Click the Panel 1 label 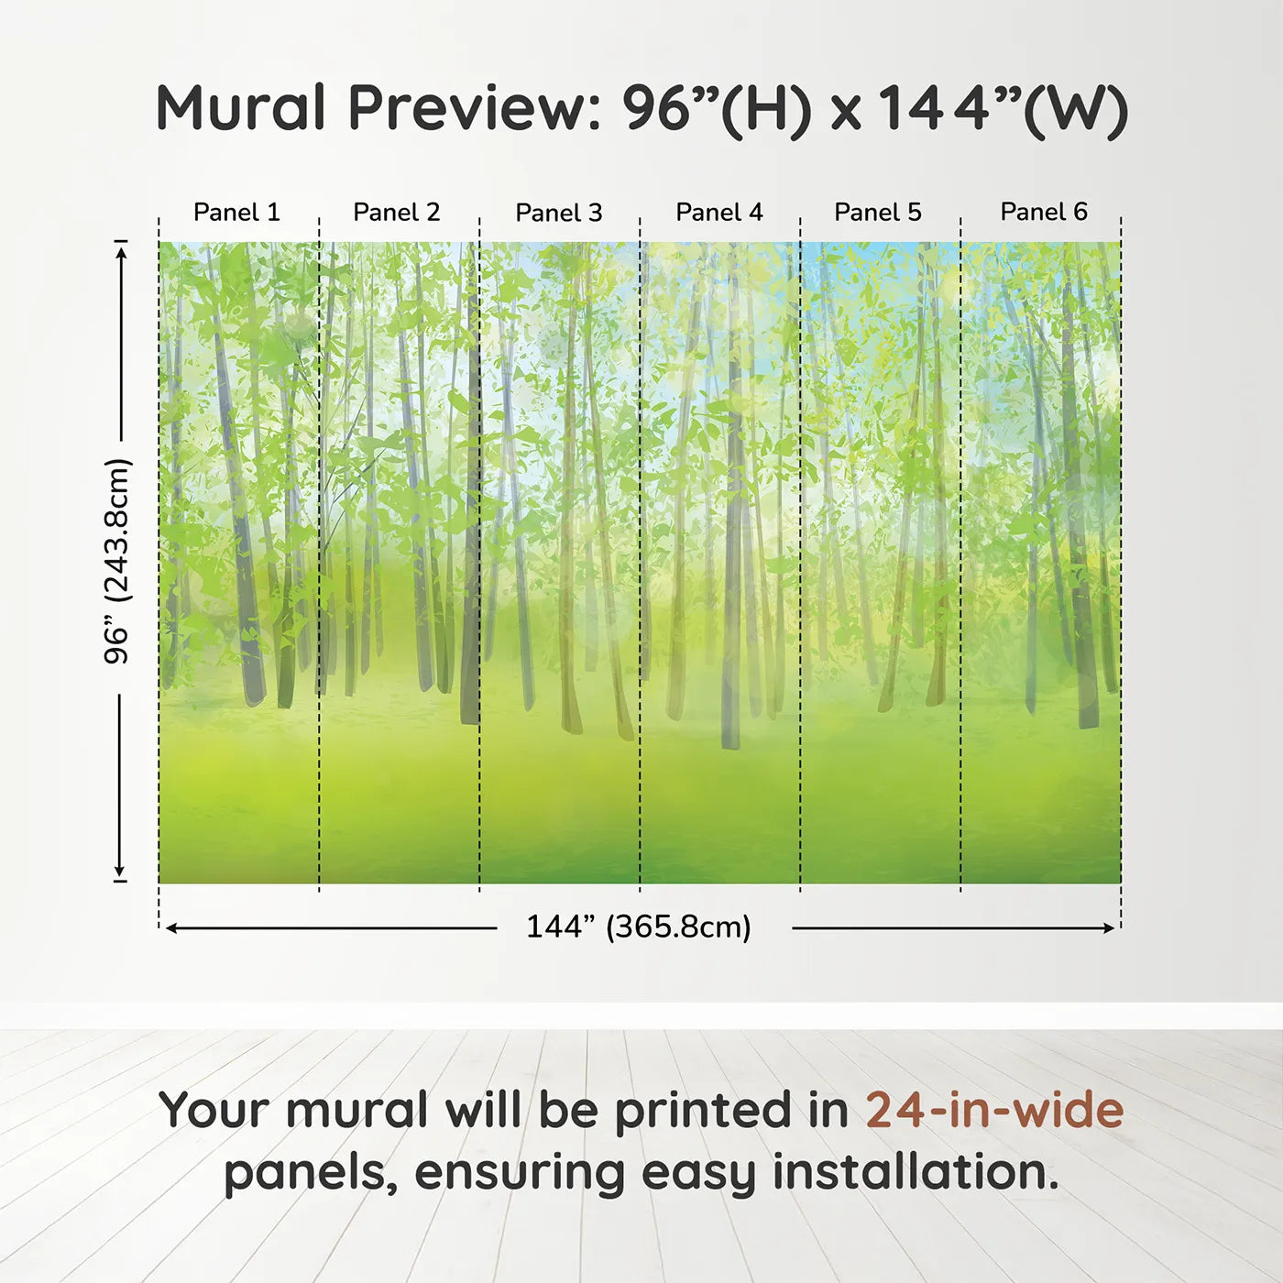(236, 212)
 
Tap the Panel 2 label (396, 212)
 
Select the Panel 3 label (559, 213)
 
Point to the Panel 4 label (719, 212)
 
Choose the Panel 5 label (878, 212)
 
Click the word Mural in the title (241, 107)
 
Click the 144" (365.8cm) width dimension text (639, 927)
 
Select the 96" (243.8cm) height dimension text (117, 561)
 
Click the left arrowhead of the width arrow (170, 928)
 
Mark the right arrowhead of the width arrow (1109, 928)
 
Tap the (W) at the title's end (1076, 111)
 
